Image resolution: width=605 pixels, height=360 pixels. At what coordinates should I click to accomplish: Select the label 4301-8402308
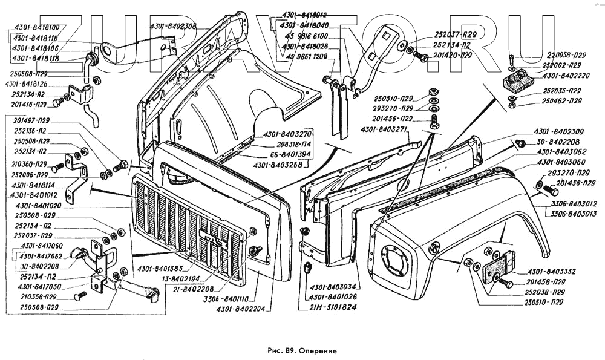tap(173, 26)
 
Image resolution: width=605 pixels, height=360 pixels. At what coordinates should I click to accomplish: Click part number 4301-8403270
tap(287, 134)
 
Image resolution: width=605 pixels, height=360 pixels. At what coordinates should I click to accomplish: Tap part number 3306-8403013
tap(574, 214)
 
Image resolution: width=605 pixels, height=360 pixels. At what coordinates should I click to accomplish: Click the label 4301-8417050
tap(41, 286)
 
